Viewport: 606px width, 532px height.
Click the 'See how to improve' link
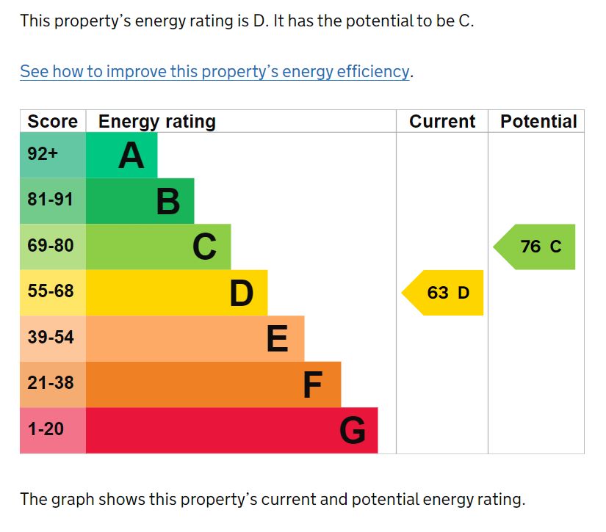click(214, 71)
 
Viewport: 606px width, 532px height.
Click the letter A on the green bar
click(131, 156)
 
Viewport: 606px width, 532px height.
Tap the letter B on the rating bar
click(168, 201)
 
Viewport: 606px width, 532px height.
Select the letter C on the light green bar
click(205, 247)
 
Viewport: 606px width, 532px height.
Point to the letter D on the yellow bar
click(242, 293)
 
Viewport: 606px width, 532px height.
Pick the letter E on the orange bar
click(277, 339)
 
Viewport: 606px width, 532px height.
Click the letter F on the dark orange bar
click(313, 385)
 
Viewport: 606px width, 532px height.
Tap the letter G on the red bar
click(353, 431)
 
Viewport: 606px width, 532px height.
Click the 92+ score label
click(43, 155)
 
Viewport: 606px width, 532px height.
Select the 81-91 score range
click(51, 200)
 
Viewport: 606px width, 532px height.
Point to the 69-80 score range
click(51, 246)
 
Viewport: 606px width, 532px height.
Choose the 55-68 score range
click(51, 291)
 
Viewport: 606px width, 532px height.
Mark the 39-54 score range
click(51, 338)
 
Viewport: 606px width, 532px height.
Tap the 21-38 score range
click(51, 383)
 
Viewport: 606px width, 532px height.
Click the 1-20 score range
click(46, 429)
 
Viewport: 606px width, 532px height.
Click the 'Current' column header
click(442, 122)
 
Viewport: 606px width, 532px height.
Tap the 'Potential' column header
click(538, 122)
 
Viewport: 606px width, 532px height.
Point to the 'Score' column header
click(52, 122)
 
